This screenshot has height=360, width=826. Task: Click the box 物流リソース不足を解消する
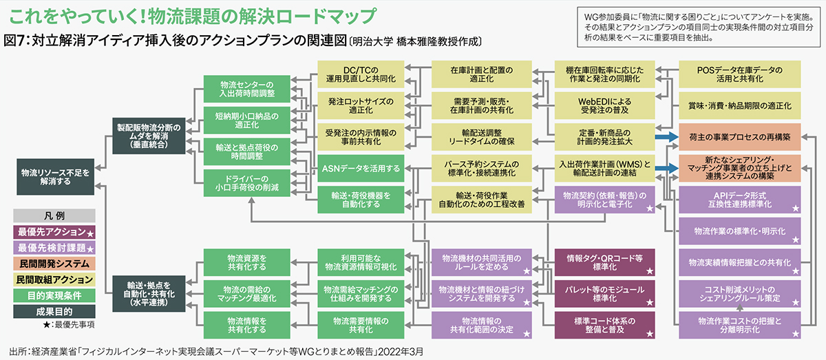(x=55, y=177)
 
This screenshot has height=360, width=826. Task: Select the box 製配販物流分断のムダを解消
(x=149, y=136)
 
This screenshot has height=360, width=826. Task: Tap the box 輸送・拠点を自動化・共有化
(x=149, y=294)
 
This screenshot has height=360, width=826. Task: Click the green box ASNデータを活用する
(x=361, y=168)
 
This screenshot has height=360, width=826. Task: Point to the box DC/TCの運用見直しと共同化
(x=361, y=74)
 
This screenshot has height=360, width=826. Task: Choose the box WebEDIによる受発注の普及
(x=605, y=105)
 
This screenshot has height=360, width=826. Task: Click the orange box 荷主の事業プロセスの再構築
(x=740, y=137)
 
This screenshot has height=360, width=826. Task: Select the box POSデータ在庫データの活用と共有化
(x=740, y=74)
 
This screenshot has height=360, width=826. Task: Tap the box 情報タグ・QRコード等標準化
(x=605, y=262)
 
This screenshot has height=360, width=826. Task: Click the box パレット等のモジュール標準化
(x=605, y=294)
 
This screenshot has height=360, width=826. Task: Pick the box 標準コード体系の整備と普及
(x=605, y=325)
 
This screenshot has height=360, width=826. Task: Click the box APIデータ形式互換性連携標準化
(x=740, y=200)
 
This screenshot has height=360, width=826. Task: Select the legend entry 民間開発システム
(x=54, y=264)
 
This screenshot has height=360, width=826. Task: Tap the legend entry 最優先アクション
(x=54, y=232)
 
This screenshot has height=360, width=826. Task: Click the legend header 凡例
(x=54, y=215)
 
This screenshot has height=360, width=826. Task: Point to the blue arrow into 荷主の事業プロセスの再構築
(x=667, y=137)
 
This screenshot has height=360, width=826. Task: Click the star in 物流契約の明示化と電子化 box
(x=649, y=209)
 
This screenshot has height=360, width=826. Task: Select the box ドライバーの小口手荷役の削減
(x=246, y=183)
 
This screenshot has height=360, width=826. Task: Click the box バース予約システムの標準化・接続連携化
(x=482, y=168)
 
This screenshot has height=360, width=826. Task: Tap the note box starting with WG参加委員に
(x=699, y=28)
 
